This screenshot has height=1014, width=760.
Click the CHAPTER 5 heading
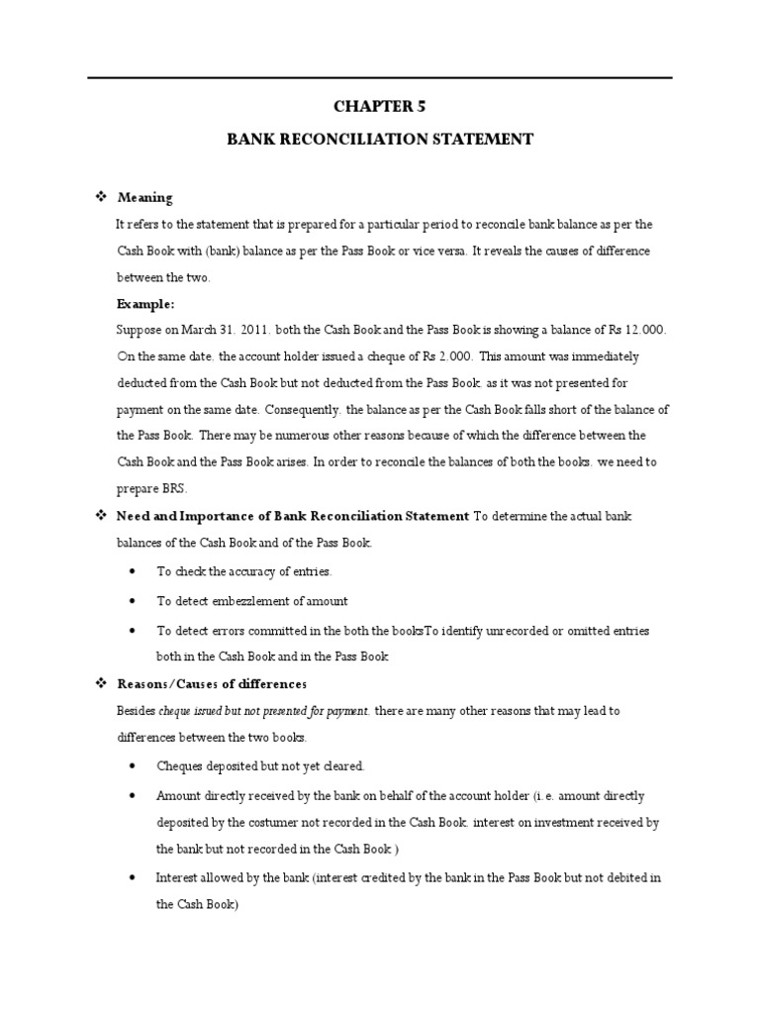380,106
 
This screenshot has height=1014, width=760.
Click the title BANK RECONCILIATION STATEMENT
380,140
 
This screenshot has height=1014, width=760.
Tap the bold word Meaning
144,198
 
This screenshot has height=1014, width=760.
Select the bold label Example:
144,304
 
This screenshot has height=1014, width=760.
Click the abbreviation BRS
171,488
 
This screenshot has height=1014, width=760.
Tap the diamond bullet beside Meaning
99,198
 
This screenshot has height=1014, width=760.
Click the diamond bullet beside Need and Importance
99,516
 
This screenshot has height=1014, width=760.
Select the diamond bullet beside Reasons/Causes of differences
99,684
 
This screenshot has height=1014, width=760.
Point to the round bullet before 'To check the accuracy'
134,572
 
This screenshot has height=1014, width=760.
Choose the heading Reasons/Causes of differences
212,684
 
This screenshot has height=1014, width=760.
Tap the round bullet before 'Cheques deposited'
134,766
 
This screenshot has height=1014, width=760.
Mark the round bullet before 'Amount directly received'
134,795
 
